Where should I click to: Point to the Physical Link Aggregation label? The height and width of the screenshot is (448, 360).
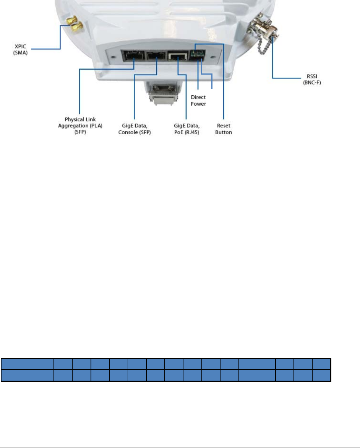coord(80,123)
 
